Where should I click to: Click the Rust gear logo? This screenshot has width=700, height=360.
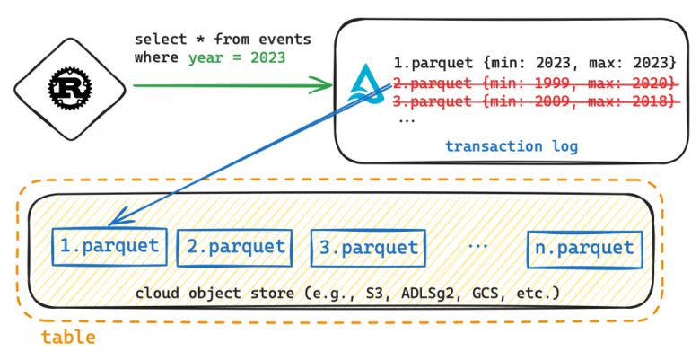(70, 89)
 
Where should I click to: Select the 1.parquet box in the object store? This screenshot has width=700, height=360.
(109, 247)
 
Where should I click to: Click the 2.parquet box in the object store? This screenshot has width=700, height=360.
(235, 248)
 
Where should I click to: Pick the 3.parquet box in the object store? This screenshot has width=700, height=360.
(368, 248)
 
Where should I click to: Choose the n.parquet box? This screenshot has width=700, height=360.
(584, 250)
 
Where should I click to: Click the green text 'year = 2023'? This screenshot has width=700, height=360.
(237, 58)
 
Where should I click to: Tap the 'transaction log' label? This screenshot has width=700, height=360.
(512, 146)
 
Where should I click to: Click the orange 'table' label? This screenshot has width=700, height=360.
(68, 337)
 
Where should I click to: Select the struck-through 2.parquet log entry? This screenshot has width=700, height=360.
(535, 83)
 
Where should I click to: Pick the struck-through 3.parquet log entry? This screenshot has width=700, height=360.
(535, 101)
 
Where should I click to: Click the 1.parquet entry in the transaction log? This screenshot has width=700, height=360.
(535, 63)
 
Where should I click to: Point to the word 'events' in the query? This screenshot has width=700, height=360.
(284, 40)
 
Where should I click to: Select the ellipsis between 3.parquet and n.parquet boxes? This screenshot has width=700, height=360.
(477, 245)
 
